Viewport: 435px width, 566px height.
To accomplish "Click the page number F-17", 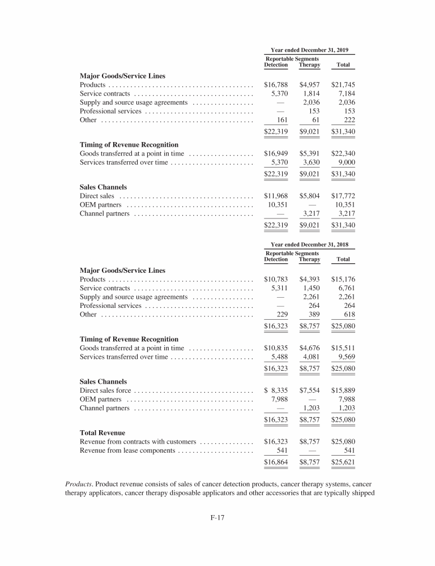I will (x=217, y=516).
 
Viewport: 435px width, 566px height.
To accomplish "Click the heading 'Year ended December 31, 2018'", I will (x=309, y=245).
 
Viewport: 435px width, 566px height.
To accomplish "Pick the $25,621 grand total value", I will (x=343, y=462).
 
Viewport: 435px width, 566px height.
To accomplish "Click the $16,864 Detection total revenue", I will (x=276, y=462).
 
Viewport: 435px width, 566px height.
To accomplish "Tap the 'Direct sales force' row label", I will (x=106, y=391).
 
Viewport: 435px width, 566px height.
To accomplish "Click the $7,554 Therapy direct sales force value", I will (x=310, y=391).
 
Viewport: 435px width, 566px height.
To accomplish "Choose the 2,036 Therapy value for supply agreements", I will (x=312, y=102).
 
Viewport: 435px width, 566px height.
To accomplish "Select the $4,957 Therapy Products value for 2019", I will (x=310, y=85).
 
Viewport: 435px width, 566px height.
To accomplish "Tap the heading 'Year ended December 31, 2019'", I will (x=309, y=50).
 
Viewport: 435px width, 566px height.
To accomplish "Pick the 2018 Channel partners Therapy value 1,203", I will (x=312, y=408).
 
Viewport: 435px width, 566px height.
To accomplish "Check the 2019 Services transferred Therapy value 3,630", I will (x=312, y=162).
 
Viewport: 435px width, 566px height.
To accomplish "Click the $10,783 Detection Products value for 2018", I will (x=276, y=279).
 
